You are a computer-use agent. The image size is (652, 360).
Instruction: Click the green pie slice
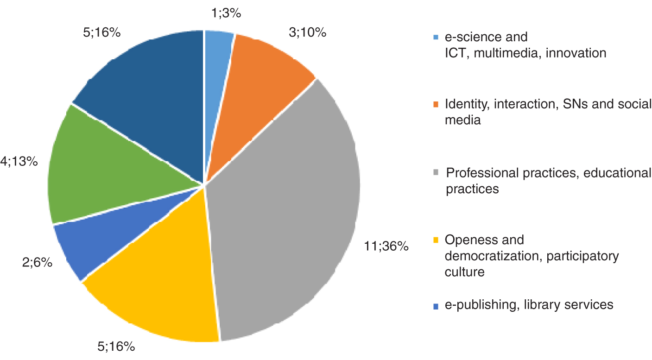pyautogui.click(x=102, y=171)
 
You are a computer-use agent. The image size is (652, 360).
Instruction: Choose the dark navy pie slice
pyautogui.click(x=148, y=93)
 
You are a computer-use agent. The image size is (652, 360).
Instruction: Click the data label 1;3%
pyautogui.click(x=225, y=14)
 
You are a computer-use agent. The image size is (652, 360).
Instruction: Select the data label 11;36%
pyautogui.click(x=386, y=246)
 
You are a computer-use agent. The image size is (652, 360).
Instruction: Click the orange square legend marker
pyautogui.click(x=435, y=105)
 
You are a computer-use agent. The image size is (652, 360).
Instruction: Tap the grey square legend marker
pyautogui.click(x=435, y=174)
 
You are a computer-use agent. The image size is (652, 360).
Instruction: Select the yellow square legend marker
pyautogui.click(x=435, y=240)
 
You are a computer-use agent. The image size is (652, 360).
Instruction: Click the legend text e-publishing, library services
pyautogui.click(x=529, y=305)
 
